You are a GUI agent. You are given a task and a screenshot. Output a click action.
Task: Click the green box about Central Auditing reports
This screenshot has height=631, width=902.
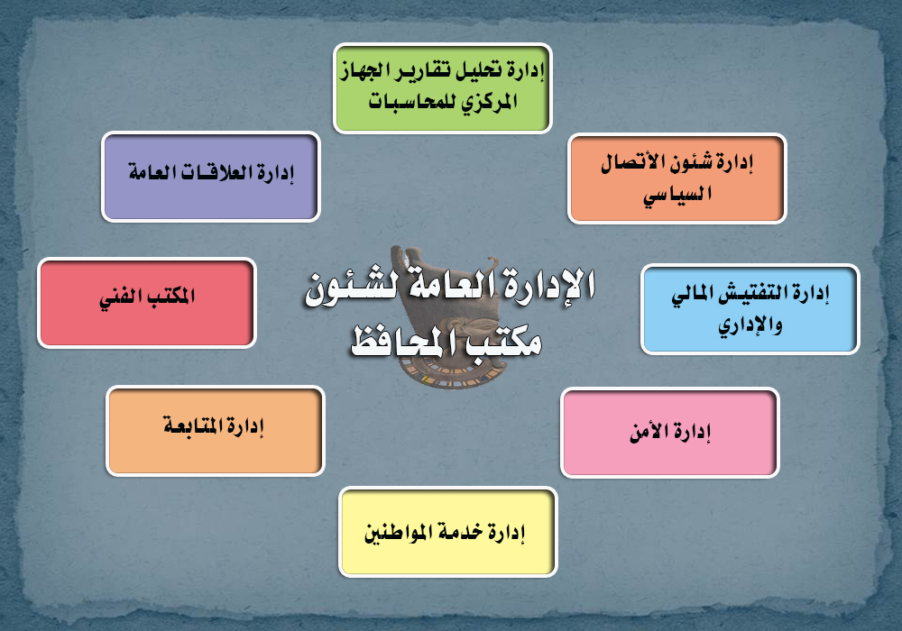pos(442,88)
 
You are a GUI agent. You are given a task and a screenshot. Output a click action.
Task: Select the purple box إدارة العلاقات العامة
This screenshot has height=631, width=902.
pos(210,177)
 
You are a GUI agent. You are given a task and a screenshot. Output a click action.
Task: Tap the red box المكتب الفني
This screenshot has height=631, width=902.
pos(147,303)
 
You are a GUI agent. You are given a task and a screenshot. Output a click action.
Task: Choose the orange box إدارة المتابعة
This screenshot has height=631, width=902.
pos(216,431)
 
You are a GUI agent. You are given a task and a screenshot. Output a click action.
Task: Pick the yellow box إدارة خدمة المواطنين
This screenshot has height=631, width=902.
pos(448,532)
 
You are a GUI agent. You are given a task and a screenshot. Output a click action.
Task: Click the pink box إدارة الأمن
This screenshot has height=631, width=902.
pos(669,433)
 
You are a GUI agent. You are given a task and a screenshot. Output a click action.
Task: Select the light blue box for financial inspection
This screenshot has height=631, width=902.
pos(750,309)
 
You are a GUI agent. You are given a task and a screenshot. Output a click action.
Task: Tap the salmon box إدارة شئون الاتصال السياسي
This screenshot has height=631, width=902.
pos(676,178)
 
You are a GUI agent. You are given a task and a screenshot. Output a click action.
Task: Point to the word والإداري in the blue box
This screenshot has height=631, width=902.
pos(750,325)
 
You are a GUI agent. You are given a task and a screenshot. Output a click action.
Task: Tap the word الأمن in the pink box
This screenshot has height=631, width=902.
pos(649,431)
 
